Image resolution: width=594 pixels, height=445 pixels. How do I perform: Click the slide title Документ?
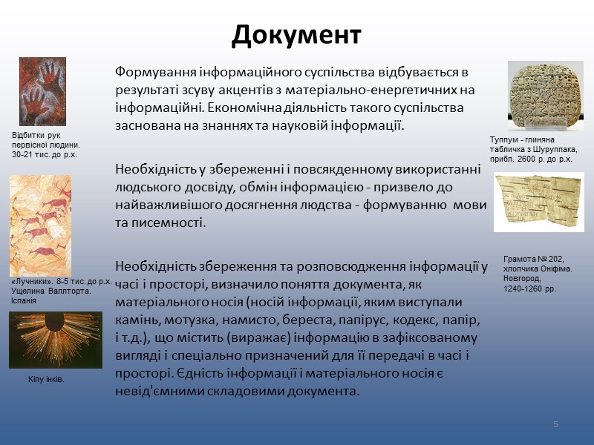[x=296, y=35]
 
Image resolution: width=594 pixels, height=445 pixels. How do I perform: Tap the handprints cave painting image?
[x=42, y=91]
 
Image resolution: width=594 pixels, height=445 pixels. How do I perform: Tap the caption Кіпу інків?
[x=46, y=379]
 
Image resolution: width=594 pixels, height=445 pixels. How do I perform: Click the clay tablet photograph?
[x=545, y=95]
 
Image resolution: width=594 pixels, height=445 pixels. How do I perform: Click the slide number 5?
[x=555, y=423]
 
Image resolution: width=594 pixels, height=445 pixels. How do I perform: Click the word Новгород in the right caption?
[x=523, y=280]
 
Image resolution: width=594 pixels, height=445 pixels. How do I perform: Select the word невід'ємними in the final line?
[x=155, y=391]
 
